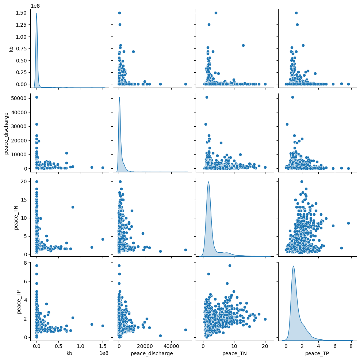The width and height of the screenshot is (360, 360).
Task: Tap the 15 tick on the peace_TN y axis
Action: click(21, 200)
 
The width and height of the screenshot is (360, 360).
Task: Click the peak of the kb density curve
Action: click(37, 13)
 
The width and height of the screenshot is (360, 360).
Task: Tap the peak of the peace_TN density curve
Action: click(208, 182)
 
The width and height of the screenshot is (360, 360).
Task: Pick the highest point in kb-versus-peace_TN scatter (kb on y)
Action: click(216, 13)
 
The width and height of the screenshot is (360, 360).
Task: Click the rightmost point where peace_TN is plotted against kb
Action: click(103, 239)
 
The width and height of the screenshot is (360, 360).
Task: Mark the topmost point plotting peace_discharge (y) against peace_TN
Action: click(207, 97)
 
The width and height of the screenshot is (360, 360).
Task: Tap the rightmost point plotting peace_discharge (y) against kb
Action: click(103, 168)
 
